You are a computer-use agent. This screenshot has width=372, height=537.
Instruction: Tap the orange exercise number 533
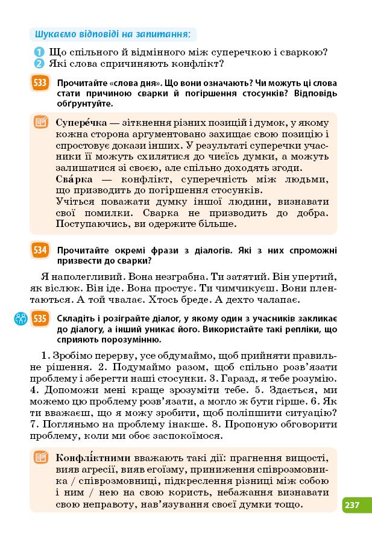coord(40,83)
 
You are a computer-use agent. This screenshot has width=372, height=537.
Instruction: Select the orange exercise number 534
coord(40,250)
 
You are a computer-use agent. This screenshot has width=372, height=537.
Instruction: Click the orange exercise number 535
coord(40,318)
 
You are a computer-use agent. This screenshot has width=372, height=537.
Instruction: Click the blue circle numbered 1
coord(39,52)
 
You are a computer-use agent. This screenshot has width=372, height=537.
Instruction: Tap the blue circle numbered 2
coord(39,63)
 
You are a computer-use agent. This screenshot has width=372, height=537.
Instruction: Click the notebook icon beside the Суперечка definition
coord(41,123)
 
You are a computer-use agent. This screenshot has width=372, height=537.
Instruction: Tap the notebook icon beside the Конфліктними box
coord(41,458)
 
